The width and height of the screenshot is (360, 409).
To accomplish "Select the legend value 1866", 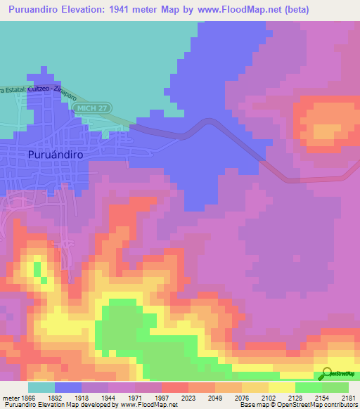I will (27, 398).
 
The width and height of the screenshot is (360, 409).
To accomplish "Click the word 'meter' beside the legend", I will (9, 398).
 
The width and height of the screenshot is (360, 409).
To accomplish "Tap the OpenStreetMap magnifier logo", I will (326, 374).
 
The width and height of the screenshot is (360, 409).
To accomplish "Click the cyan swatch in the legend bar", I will (41, 387).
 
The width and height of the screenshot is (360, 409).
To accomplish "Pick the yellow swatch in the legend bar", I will (282, 387).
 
